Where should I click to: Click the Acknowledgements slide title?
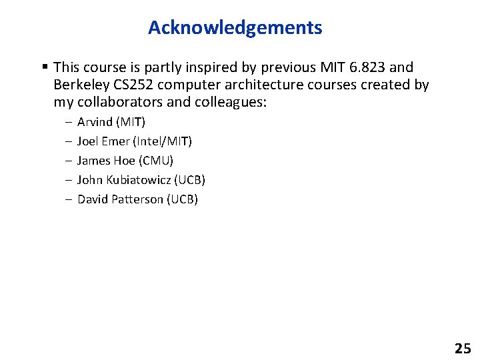(x=235, y=28)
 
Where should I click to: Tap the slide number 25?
(x=462, y=348)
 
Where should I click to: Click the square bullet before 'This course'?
(x=44, y=67)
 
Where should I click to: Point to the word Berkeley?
(x=80, y=85)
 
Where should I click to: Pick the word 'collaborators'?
(x=119, y=103)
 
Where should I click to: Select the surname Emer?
(x=117, y=141)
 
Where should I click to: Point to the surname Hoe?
(x=123, y=161)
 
